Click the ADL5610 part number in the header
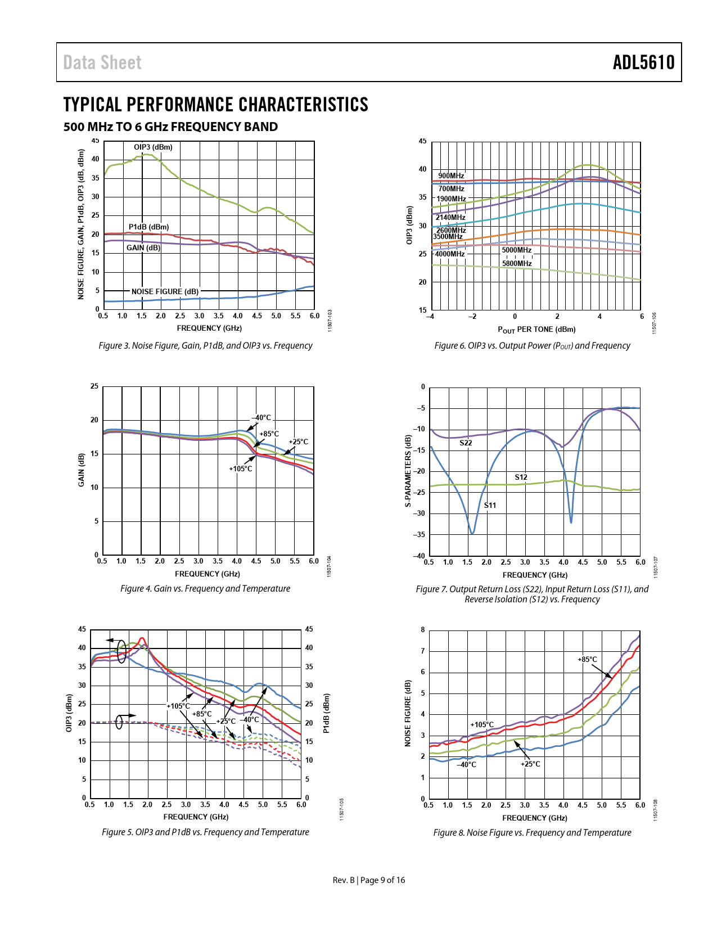tap(643, 62)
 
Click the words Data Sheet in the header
tap(102, 62)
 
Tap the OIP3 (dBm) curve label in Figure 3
tap(153, 147)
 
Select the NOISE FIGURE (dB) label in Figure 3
tap(165, 291)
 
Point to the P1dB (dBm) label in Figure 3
tap(148, 227)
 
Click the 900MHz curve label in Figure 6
tap(451, 176)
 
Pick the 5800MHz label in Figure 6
tap(517, 263)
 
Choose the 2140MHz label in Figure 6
tap(450, 218)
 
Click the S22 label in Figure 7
tap(466, 443)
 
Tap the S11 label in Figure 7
tap(490, 506)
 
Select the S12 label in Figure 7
tap(521, 477)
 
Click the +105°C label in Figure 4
tap(241, 469)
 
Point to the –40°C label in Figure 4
tap(261, 418)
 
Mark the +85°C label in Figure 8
tap(588, 660)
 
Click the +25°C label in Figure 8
tap(530, 764)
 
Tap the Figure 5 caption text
tap(205, 832)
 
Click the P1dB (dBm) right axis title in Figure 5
tap(326, 713)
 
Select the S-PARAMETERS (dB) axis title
tap(408, 471)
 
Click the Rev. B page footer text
tap(368, 880)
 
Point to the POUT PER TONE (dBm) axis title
tap(536, 330)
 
